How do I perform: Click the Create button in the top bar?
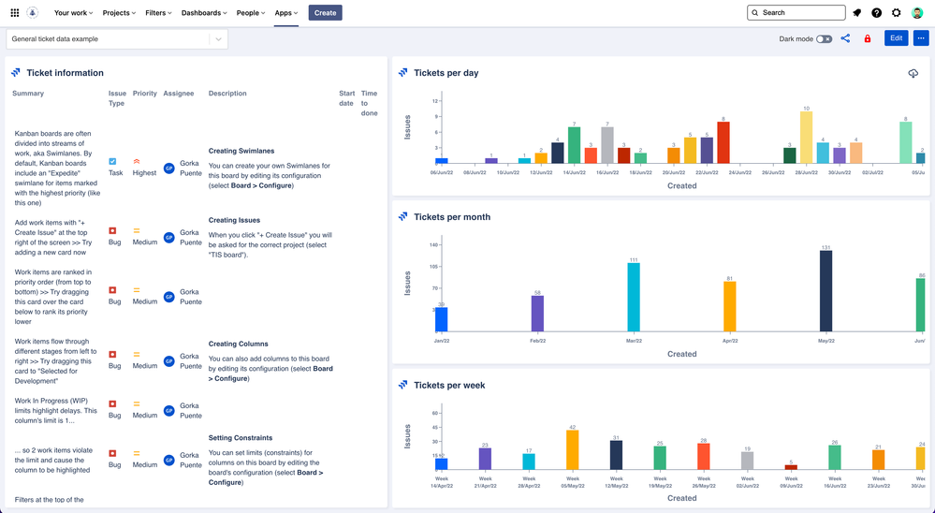(x=325, y=13)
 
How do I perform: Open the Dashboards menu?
(x=204, y=13)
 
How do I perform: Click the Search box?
(x=796, y=13)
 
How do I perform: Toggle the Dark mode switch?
(x=824, y=39)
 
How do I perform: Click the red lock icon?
(x=868, y=39)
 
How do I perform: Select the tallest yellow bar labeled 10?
(x=806, y=138)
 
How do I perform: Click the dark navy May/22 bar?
(x=825, y=291)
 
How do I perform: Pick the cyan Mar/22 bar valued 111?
(x=634, y=297)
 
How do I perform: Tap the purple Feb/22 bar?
(x=537, y=314)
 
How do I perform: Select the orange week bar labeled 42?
(x=573, y=450)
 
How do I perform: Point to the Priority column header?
(x=144, y=94)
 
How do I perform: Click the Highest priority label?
(x=144, y=173)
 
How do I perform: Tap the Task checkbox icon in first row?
(x=112, y=162)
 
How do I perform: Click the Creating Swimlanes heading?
(x=241, y=151)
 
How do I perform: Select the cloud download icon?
(x=913, y=73)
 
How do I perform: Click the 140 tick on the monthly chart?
(x=433, y=245)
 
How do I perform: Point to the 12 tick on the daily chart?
(x=435, y=101)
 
